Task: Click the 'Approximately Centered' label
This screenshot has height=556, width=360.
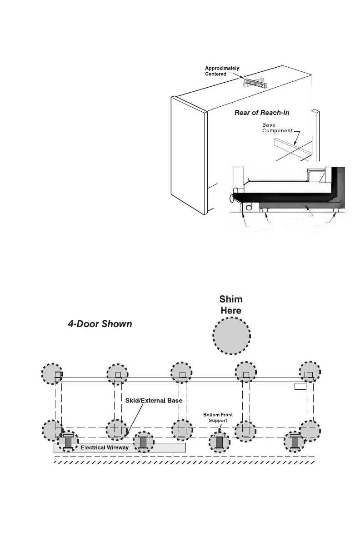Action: click(222, 71)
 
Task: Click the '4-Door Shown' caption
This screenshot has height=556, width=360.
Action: click(97, 324)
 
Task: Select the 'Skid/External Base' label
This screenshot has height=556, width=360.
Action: click(154, 401)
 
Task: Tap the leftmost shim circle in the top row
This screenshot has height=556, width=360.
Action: click(53, 375)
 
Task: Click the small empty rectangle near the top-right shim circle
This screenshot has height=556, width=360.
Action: click(300, 386)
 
